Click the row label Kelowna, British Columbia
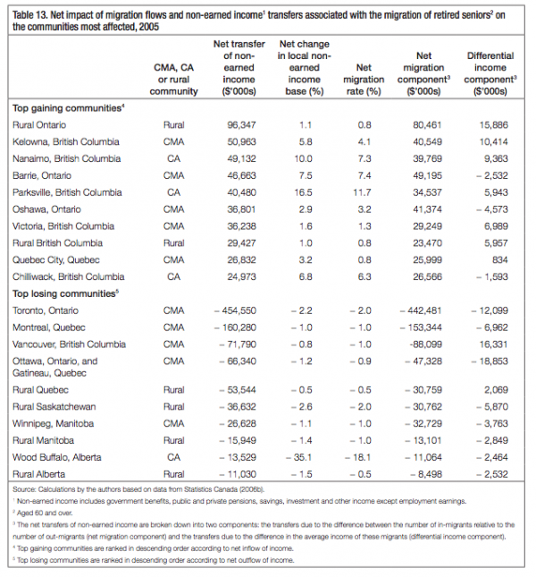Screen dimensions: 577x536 click(x=67, y=141)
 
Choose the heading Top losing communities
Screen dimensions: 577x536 click(x=65, y=293)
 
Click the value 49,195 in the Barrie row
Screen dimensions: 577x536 click(x=424, y=175)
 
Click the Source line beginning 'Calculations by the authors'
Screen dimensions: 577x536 click(x=133, y=490)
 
